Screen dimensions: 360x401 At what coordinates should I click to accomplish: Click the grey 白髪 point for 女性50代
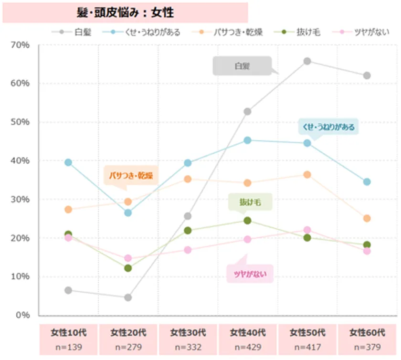(307, 61)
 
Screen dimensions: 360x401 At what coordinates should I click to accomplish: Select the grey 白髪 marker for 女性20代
(128, 297)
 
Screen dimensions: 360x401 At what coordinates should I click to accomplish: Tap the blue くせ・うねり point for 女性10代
(68, 162)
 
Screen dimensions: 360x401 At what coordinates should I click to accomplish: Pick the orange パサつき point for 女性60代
(367, 218)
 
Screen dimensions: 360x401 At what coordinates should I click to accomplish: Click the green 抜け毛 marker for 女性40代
(247, 221)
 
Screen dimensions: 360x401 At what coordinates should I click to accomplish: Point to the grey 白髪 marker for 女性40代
(247, 111)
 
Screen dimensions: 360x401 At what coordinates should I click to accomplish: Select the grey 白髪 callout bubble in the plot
(242, 66)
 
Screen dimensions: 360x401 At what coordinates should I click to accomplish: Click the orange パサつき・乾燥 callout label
(130, 176)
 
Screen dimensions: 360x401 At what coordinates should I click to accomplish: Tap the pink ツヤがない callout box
(250, 274)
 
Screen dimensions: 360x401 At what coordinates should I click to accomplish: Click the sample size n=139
(68, 347)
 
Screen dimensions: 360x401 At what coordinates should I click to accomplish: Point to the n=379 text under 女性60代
(367, 347)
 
